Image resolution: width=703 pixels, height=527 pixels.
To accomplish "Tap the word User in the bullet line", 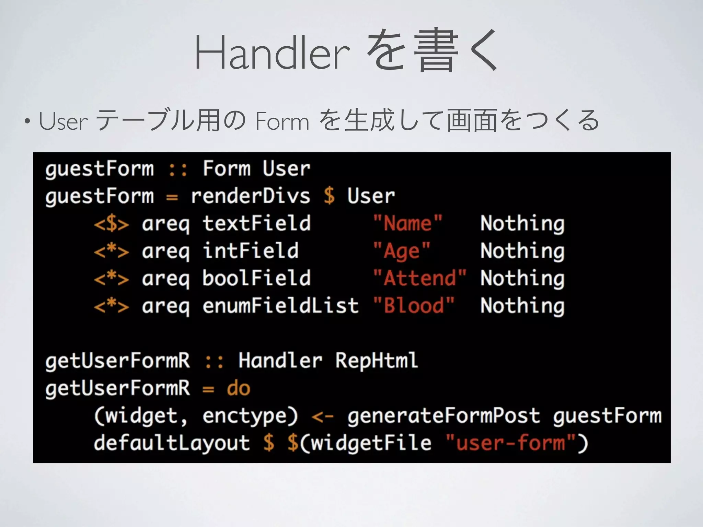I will (x=64, y=121).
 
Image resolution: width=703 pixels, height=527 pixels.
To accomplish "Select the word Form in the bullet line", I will (x=282, y=121).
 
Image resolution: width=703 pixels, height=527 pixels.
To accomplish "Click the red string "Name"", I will (x=407, y=223).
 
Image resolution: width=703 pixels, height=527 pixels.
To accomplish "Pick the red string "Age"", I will (x=401, y=251).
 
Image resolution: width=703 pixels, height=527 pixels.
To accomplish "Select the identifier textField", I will (x=256, y=223).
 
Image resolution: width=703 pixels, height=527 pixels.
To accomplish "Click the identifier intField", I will (x=250, y=251).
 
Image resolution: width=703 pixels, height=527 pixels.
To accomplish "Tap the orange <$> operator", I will (x=112, y=224).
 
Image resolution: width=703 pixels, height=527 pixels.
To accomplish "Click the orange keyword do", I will (x=238, y=388).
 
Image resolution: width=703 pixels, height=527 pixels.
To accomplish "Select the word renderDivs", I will (x=250, y=196).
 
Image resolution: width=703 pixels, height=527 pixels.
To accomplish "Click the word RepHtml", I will (x=377, y=361).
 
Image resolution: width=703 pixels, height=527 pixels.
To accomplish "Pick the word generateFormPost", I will (x=443, y=415).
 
